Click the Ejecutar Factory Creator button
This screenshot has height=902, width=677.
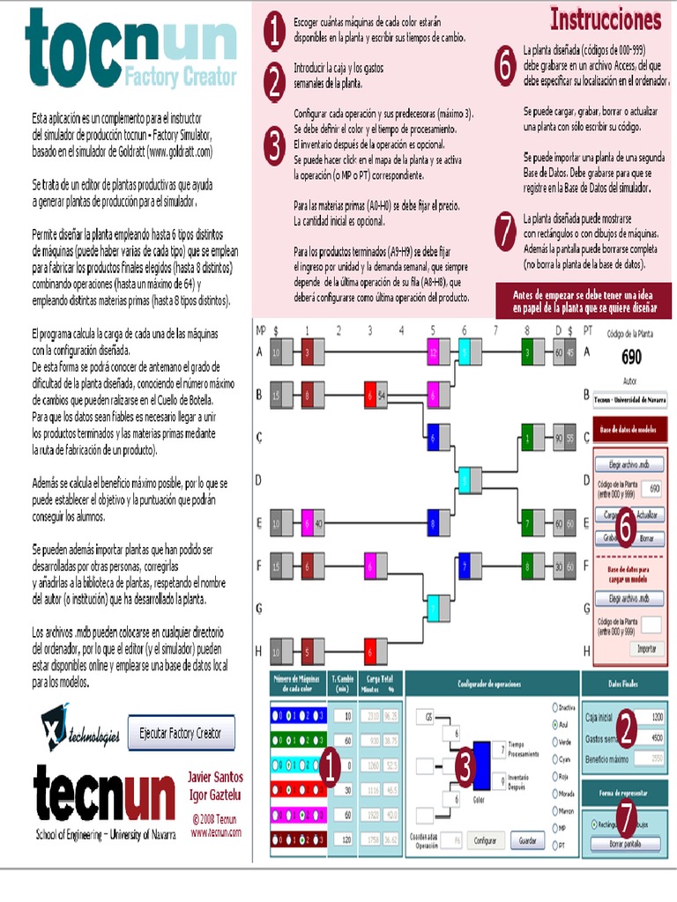pyautogui.click(x=182, y=732)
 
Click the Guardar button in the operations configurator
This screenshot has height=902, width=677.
pyautogui.click(x=528, y=840)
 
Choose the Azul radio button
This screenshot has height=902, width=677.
pyautogui.click(x=554, y=723)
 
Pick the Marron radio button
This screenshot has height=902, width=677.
pyautogui.click(x=554, y=810)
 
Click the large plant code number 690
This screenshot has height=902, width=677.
pyautogui.click(x=631, y=357)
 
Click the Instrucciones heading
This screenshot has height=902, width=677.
pyautogui.click(x=606, y=18)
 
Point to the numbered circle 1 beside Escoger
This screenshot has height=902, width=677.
pyautogui.click(x=276, y=33)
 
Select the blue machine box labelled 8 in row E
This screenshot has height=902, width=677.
pyautogui.click(x=433, y=524)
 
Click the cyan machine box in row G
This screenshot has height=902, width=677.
pyautogui.click(x=433, y=608)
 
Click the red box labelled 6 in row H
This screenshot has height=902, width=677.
pyautogui.click(x=370, y=653)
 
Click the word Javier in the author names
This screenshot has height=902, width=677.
pyautogui.click(x=204, y=777)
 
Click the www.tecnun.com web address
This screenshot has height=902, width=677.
pyautogui.click(x=216, y=832)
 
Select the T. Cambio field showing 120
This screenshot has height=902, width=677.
pyautogui.click(x=340, y=839)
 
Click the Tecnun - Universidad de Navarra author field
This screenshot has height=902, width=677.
pyautogui.click(x=628, y=399)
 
